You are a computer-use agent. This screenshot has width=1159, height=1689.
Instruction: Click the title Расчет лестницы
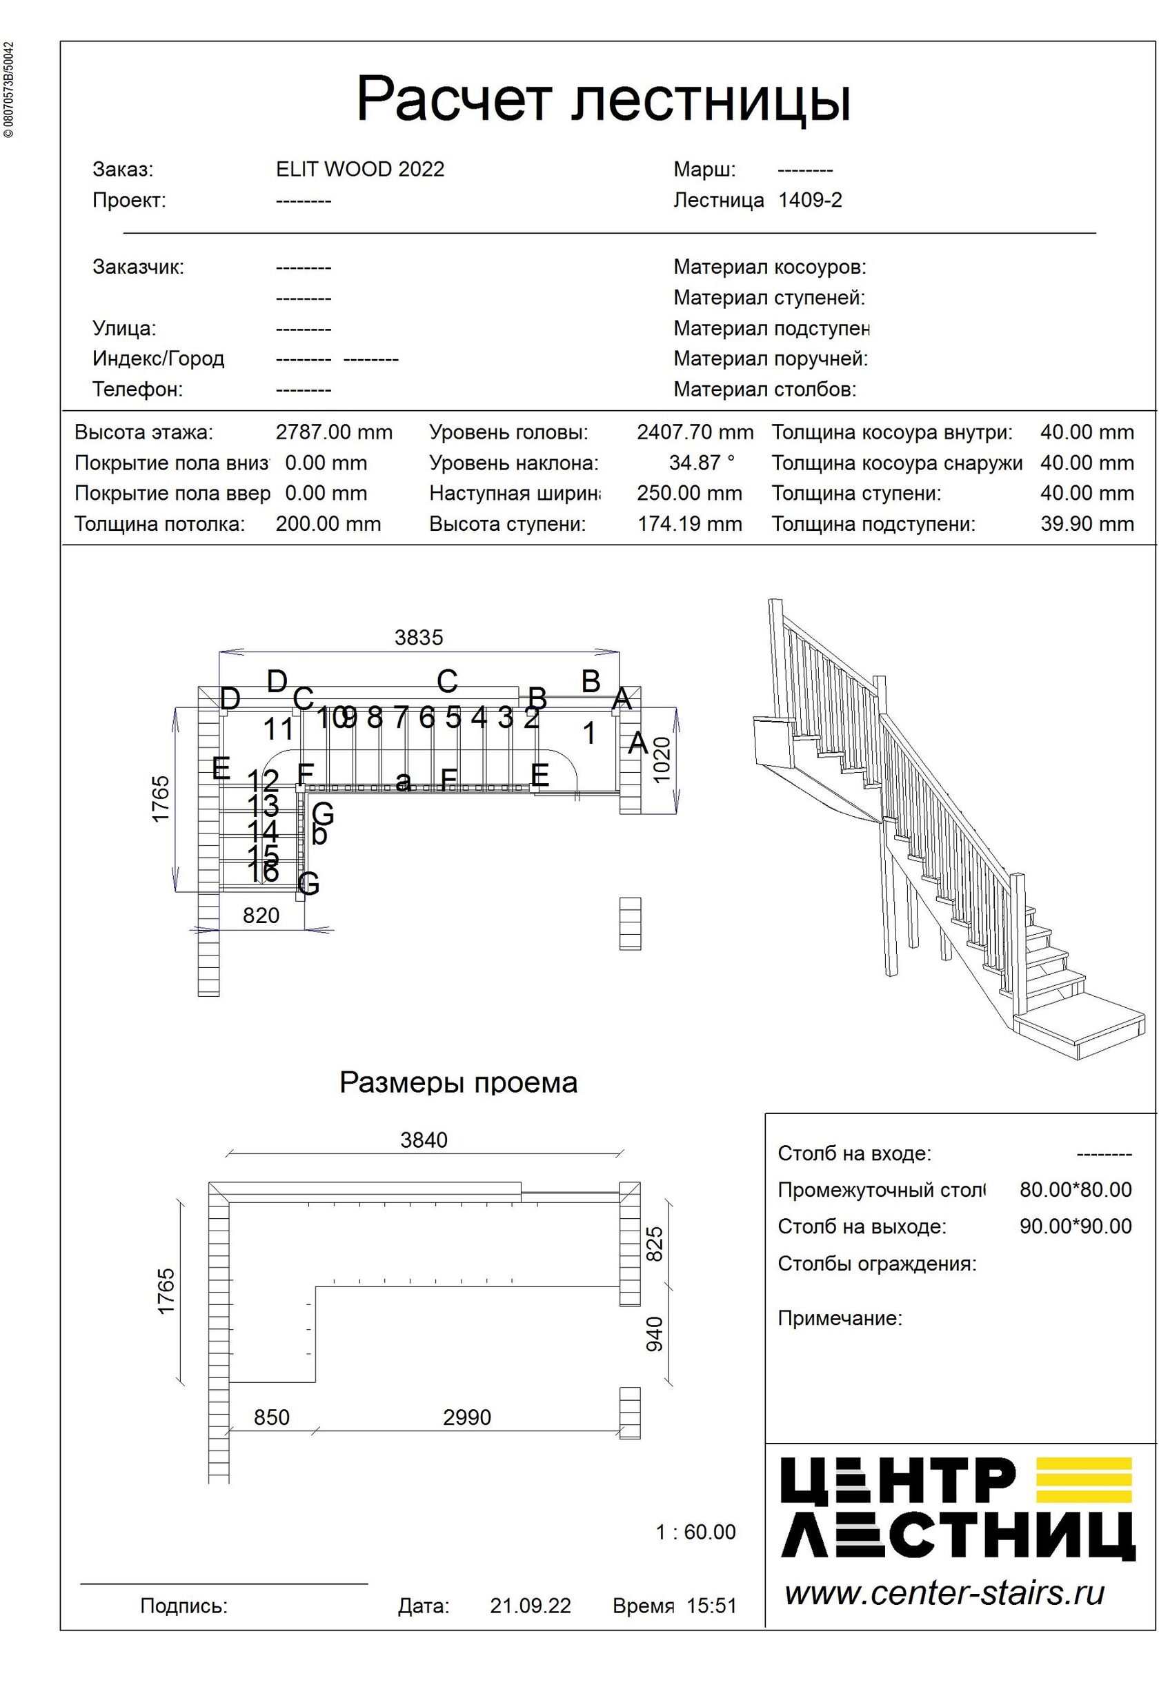[603, 99]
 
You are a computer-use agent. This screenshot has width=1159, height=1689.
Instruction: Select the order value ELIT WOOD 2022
[360, 170]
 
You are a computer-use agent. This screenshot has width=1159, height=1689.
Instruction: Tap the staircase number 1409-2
[809, 200]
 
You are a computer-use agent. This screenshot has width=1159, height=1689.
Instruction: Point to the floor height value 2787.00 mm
[334, 432]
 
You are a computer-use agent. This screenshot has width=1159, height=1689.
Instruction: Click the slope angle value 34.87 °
[702, 463]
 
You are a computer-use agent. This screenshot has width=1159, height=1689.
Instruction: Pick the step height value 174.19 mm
[689, 524]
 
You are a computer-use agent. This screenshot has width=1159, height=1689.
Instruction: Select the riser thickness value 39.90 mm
[1087, 524]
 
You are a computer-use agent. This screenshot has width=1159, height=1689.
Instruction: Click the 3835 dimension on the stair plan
[419, 638]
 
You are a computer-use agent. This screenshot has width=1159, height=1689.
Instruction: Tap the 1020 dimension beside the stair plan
[662, 760]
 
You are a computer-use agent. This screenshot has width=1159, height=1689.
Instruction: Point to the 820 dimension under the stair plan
[261, 915]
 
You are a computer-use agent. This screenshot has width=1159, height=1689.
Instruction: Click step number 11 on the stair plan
[278, 729]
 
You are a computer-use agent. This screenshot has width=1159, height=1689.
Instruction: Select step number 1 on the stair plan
[590, 734]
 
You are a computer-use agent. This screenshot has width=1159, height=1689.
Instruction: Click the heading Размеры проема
[458, 1082]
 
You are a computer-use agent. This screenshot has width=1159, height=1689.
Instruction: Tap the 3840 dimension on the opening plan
[424, 1140]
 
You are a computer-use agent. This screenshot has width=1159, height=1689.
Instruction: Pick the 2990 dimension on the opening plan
[467, 1417]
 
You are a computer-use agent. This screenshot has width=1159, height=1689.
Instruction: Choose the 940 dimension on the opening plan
[655, 1333]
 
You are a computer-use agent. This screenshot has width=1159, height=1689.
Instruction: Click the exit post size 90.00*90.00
[1075, 1227]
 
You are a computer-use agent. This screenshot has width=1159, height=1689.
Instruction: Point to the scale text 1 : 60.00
[695, 1532]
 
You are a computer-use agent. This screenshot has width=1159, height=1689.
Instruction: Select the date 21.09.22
[530, 1606]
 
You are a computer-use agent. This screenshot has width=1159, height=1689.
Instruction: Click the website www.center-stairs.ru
[944, 1593]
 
